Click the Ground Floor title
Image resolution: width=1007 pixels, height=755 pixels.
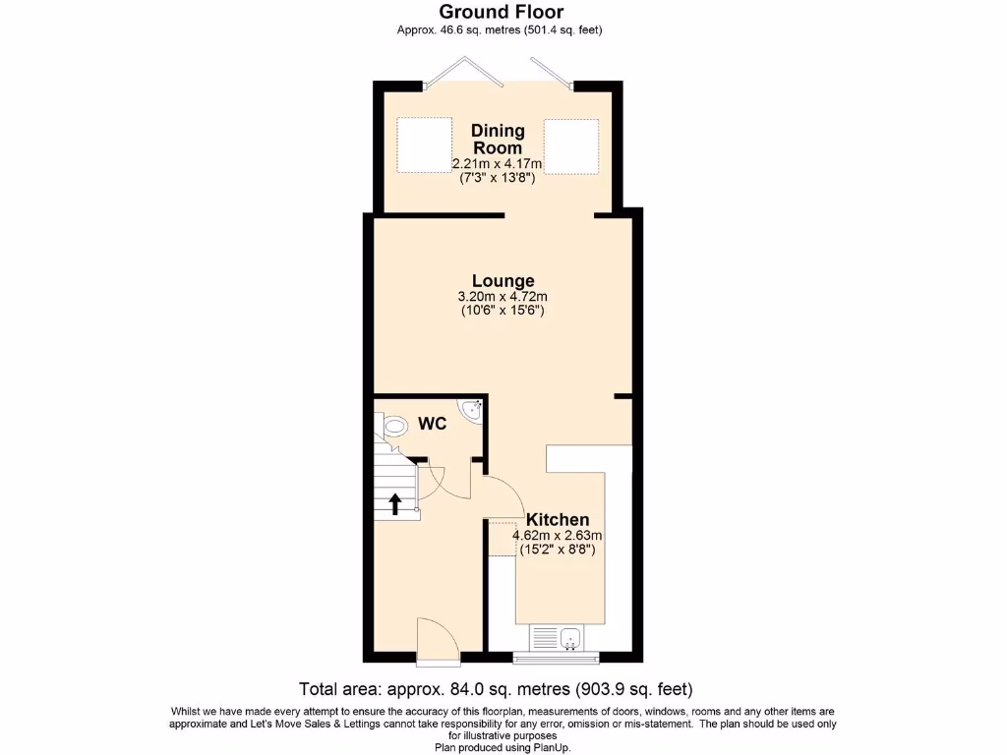coord(502,13)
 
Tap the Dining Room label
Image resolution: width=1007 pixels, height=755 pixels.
coord(498,139)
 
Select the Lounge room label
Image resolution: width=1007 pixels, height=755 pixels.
coord(503,281)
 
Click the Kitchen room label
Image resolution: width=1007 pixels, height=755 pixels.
coord(558,519)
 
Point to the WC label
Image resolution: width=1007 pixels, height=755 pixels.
coord(434,424)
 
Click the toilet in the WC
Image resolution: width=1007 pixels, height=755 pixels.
coord(395,426)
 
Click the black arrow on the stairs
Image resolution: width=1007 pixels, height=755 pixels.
coord(395,504)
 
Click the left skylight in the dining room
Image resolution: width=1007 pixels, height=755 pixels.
coord(422,146)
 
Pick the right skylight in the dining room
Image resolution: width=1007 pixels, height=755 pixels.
coord(571,146)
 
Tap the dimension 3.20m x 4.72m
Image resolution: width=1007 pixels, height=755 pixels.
coord(503,297)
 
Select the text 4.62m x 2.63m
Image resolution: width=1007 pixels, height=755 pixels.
coord(557,536)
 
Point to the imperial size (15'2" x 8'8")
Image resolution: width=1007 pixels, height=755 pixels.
coord(557,550)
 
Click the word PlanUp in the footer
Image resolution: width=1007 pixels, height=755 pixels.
coord(549,747)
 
